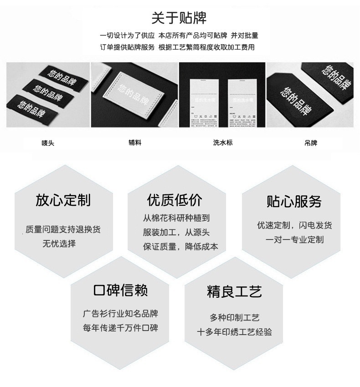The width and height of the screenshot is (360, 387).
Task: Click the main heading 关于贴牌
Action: point(179,18)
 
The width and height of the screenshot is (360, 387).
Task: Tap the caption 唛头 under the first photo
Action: point(48,143)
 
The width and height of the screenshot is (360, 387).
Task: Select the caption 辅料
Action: point(135,143)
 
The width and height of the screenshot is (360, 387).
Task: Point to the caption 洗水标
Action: point(222,143)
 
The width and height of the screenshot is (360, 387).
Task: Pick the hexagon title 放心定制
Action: point(63,200)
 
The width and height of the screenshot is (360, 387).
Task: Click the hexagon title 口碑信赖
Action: point(120,290)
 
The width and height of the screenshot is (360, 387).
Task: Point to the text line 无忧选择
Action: point(59,244)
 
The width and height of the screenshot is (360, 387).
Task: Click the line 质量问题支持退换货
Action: point(63,229)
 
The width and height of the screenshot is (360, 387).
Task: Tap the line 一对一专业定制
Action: point(294,239)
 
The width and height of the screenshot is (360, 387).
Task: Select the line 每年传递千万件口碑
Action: point(120,328)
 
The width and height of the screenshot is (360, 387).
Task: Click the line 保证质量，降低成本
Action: point(180,247)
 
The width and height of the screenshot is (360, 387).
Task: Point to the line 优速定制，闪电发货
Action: point(294,225)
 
